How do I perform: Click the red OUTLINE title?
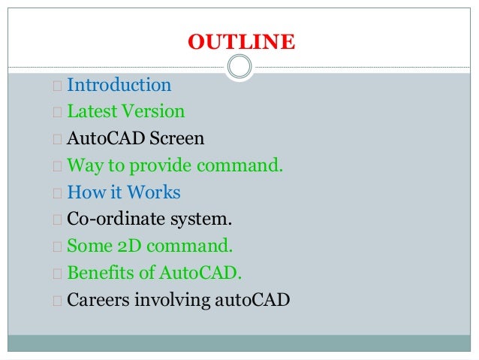tap(241, 42)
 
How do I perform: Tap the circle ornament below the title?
tap(239, 68)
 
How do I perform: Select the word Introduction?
tap(119, 85)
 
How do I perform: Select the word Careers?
tap(98, 300)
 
